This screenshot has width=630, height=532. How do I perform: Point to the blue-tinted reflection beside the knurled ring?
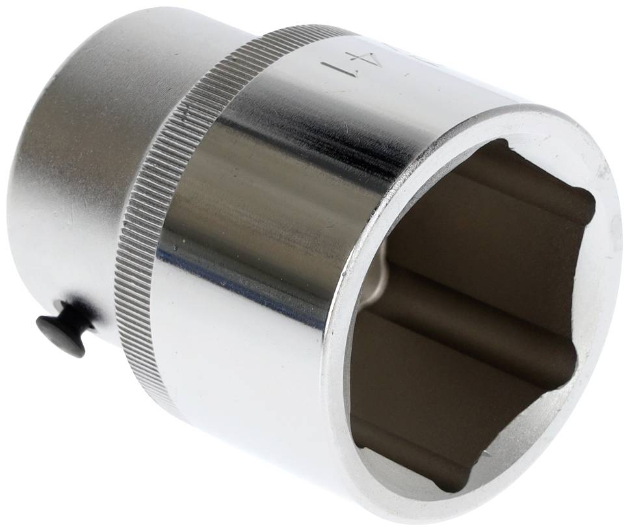195,273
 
